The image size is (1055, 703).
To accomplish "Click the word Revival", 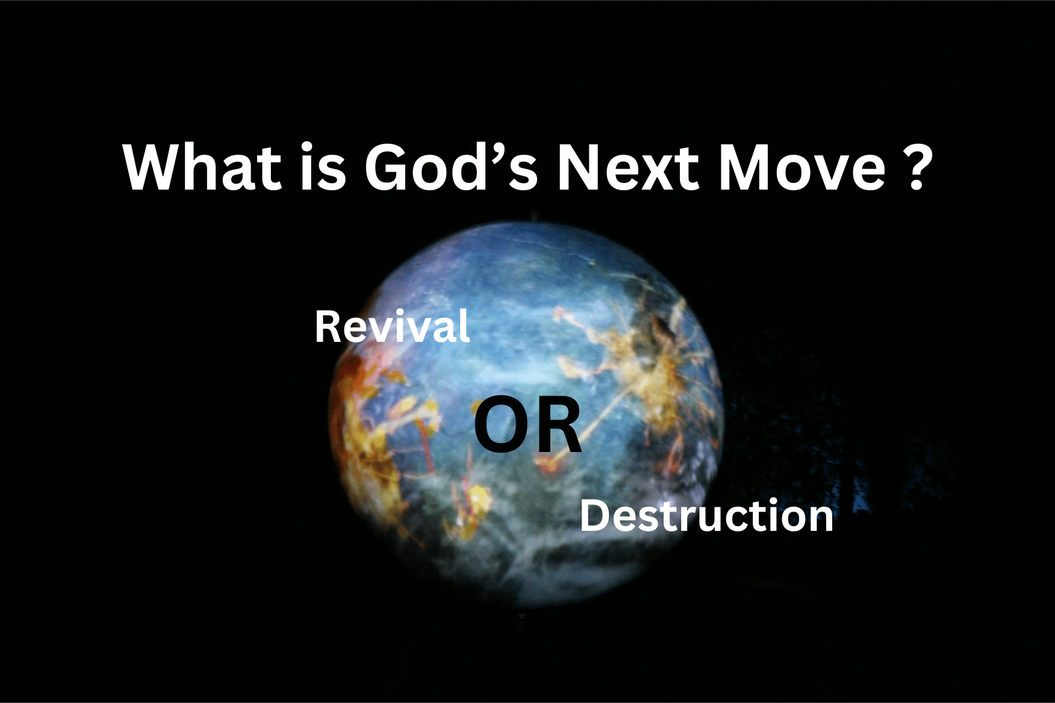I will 392,327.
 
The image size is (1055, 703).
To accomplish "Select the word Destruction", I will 706,516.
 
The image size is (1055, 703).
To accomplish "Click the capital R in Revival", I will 328,327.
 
